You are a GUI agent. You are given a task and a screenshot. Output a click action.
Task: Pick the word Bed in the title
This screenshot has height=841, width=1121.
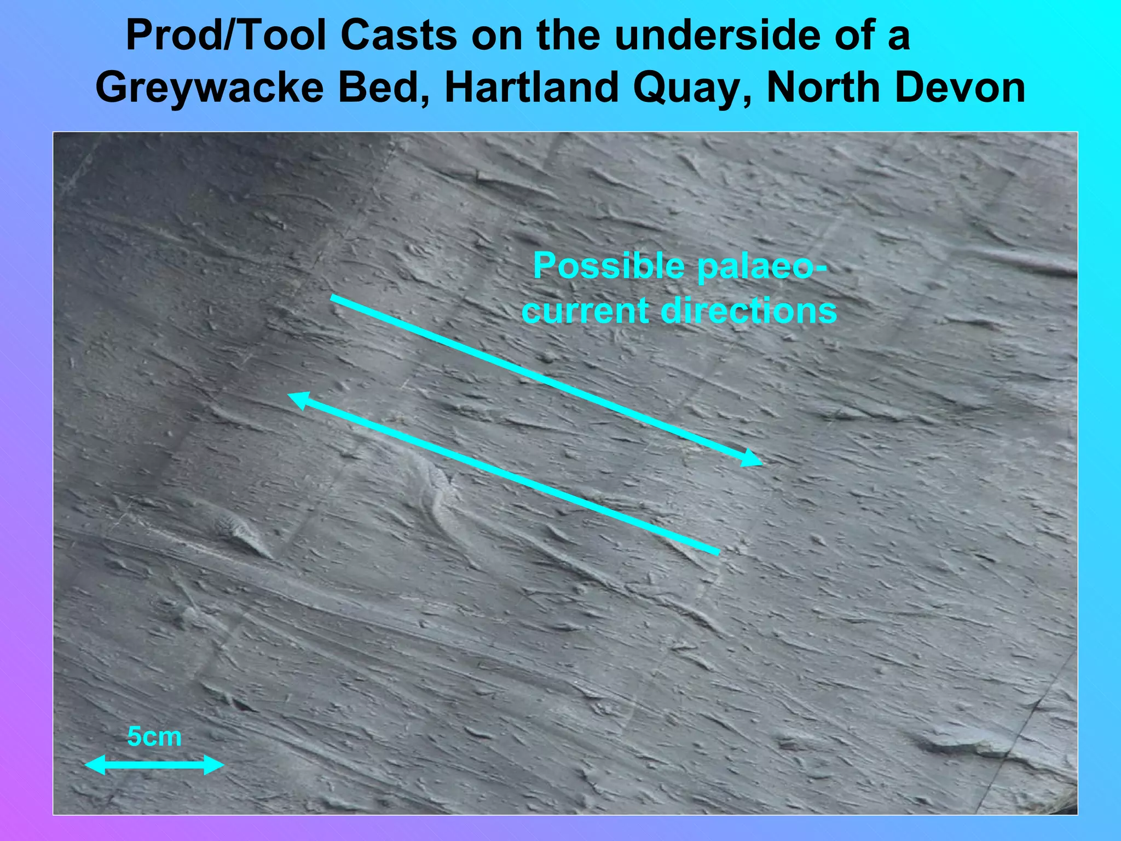tap(383, 88)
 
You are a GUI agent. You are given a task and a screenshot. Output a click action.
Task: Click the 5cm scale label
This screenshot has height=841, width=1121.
tap(154, 736)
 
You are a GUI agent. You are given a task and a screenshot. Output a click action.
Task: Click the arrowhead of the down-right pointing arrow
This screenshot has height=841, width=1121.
tap(753, 460)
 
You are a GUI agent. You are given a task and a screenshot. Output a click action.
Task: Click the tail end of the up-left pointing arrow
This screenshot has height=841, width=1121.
tap(717, 552)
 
